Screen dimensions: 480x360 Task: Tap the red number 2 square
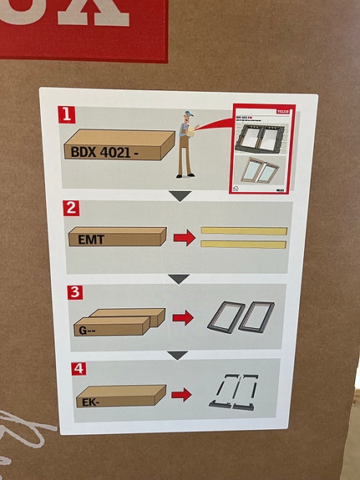pyautogui.click(x=73, y=208)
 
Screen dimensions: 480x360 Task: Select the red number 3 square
pyautogui.click(x=76, y=292)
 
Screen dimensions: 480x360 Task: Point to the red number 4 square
pyautogui.click(x=78, y=368)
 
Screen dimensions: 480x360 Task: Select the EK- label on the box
pyautogui.click(x=92, y=401)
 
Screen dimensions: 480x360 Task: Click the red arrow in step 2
pyautogui.click(x=184, y=238)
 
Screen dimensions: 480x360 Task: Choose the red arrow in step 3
pyautogui.click(x=183, y=318)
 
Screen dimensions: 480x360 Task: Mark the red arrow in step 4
pyautogui.click(x=181, y=392)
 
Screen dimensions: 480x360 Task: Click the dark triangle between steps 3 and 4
pyautogui.click(x=177, y=356)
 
